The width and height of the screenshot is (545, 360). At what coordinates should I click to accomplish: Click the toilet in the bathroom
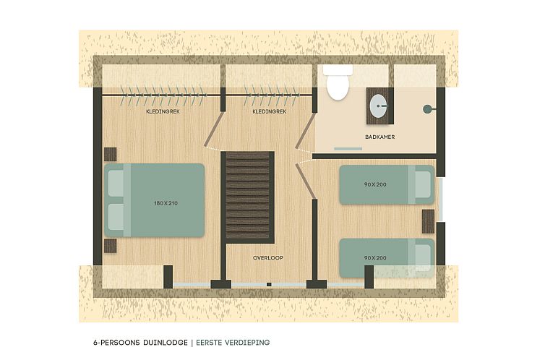pyautogui.click(x=337, y=84)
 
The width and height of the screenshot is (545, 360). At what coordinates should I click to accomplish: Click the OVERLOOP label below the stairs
pyautogui.click(x=267, y=257)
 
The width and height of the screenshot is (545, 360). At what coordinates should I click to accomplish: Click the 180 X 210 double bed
pyautogui.click(x=155, y=200)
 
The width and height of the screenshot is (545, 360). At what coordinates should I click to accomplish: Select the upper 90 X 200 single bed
pyautogui.click(x=387, y=184)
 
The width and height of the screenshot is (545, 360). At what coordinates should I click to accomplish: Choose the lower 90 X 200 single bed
pyautogui.click(x=387, y=257)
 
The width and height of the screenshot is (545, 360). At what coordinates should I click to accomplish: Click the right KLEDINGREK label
pyautogui.click(x=269, y=112)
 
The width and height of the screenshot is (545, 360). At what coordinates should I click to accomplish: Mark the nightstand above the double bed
pyautogui.click(x=111, y=154)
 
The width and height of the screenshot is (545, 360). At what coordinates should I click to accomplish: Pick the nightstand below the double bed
pyautogui.click(x=111, y=246)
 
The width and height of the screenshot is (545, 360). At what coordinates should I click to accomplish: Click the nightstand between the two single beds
pyautogui.click(x=429, y=220)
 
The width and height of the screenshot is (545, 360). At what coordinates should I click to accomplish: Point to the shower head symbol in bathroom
pyautogui.click(x=427, y=109)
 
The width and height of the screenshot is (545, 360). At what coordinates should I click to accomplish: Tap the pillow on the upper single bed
pyautogui.click(x=420, y=184)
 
